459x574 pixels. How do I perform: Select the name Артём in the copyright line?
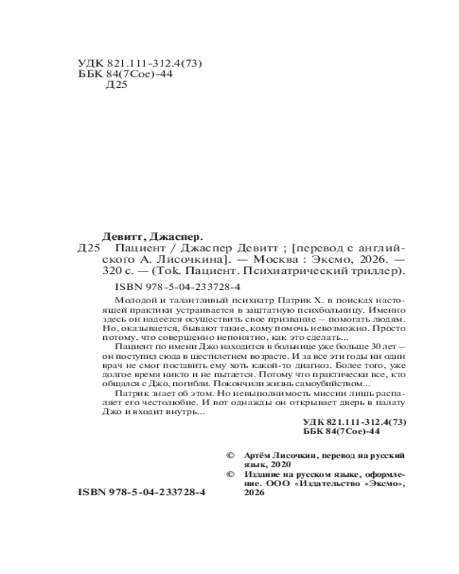256,454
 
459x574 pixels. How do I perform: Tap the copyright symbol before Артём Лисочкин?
231,454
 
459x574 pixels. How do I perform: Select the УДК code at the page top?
140,63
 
